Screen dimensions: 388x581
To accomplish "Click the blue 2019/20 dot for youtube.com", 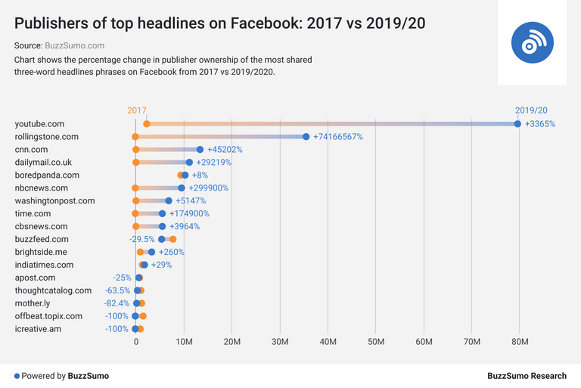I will coord(517,123).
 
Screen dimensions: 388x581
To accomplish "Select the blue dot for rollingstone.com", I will coord(306,137).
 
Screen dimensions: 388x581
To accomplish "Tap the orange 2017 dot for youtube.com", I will coord(147,123).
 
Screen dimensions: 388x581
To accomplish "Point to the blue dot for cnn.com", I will coord(200,150).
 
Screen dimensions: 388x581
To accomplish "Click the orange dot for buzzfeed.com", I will coord(172,239).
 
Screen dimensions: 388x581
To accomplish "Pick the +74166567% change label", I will coord(338,137).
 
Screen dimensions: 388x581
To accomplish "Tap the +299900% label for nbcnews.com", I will coord(208,188).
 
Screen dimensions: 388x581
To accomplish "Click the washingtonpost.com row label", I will coord(54,201).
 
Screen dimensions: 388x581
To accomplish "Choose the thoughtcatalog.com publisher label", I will coord(53,290).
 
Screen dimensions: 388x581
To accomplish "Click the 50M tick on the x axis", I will coord(376,343).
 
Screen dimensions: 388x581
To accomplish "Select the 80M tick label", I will coord(520,343).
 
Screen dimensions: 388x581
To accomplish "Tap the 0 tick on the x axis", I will coord(136,343).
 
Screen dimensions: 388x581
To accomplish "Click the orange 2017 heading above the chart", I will coord(137,110).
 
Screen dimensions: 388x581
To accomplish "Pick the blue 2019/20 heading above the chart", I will coord(531,110).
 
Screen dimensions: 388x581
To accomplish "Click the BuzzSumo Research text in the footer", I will coord(527,376).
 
